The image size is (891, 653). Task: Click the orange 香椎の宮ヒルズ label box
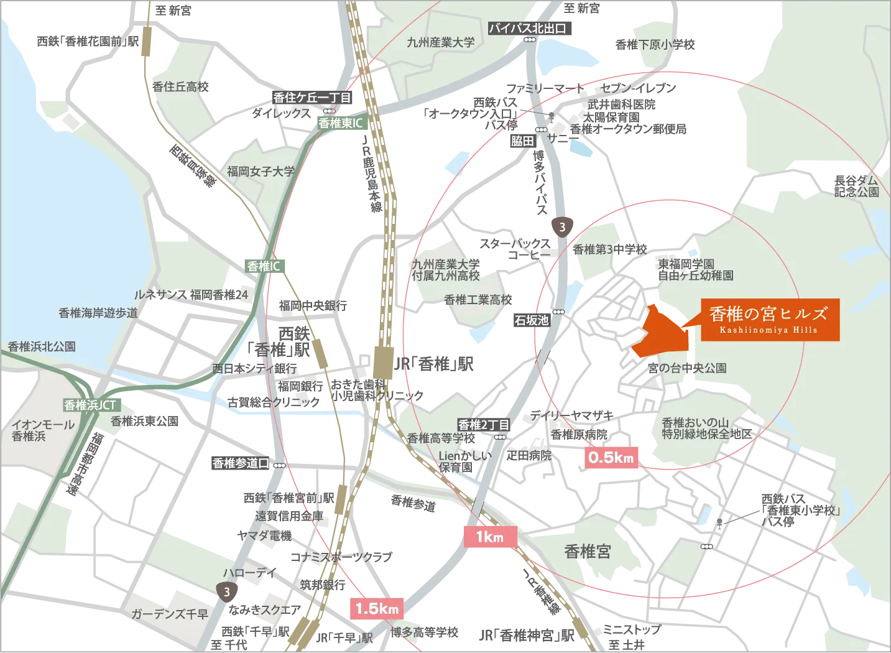[x=770, y=320]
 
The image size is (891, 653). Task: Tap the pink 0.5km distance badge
[x=611, y=458]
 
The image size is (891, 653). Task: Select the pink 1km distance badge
[x=490, y=537]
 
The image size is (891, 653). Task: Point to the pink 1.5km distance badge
[x=377, y=608]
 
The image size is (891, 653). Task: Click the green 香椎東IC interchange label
[x=340, y=123]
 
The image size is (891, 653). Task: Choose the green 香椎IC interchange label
[x=264, y=266]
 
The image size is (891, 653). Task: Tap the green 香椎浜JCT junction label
[x=90, y=405]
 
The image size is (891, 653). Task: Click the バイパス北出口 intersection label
[x=527, y=28]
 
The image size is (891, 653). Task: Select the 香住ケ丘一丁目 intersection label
[x=312, y=98]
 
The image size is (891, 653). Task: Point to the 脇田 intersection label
[x=522, y=141]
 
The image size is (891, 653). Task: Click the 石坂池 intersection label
[x=531, y=320]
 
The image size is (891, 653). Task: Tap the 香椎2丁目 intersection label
[x=484, y=425]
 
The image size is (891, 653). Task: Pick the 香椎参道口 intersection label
[x=241, y=463]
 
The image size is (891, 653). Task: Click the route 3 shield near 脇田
[x=562, y=227]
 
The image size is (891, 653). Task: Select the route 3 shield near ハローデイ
[x=227, y=591]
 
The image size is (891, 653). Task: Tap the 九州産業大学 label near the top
[x=440, y=42]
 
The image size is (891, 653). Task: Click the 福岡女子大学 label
[x=261, y=171]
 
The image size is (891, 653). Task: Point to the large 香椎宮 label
[x=588, y=551]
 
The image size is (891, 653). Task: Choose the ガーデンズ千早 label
[x=169, y=614]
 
